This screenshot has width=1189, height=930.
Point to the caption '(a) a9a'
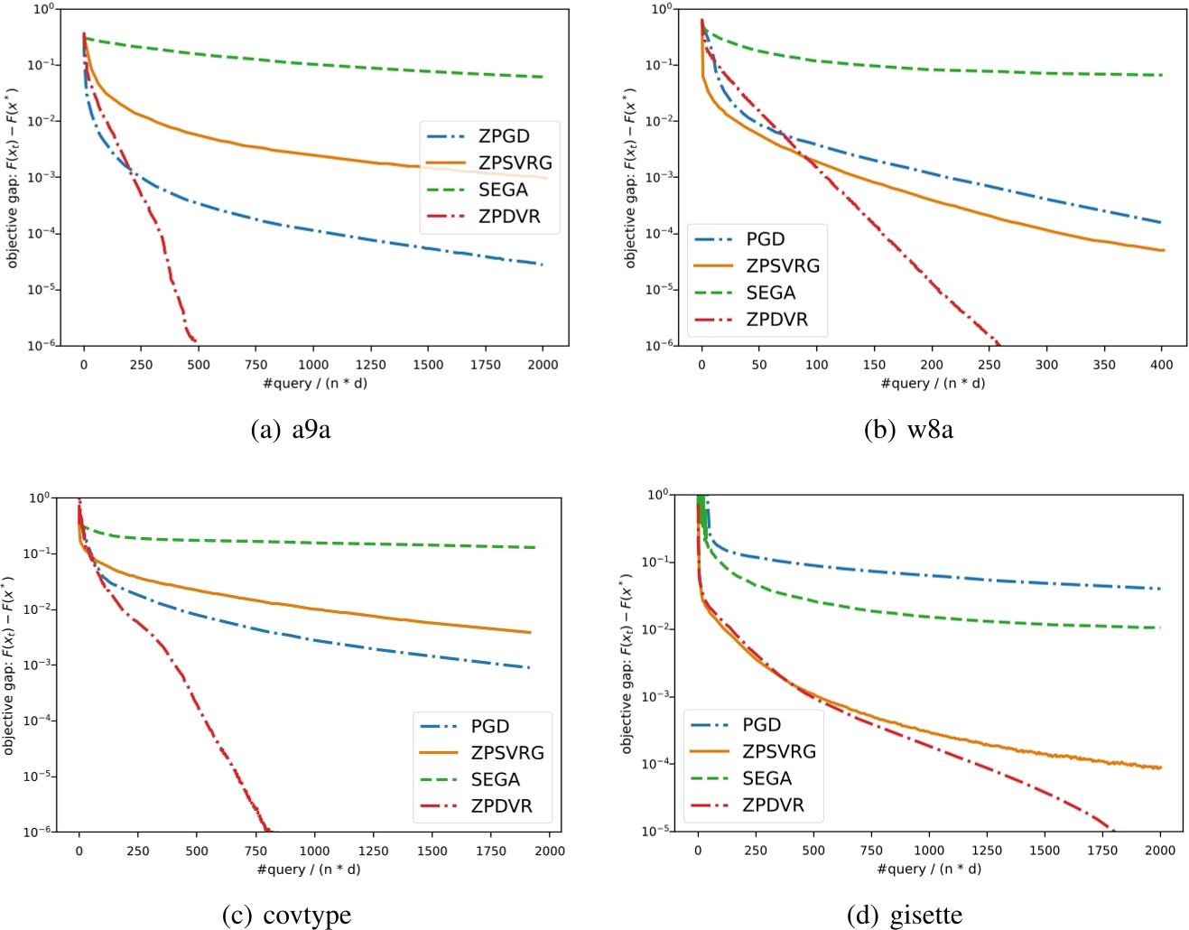(290, 430)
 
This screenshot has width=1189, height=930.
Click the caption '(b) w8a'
(907, 430)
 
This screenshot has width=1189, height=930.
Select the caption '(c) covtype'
(286, 916)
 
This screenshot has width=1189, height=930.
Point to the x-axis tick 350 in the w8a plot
(1104, 365)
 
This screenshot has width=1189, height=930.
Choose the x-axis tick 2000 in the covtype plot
(550, 851)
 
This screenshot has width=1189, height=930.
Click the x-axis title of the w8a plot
(933, 383)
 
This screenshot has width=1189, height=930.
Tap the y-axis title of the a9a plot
(13, 178)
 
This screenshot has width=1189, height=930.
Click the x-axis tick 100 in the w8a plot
(816, 365)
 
